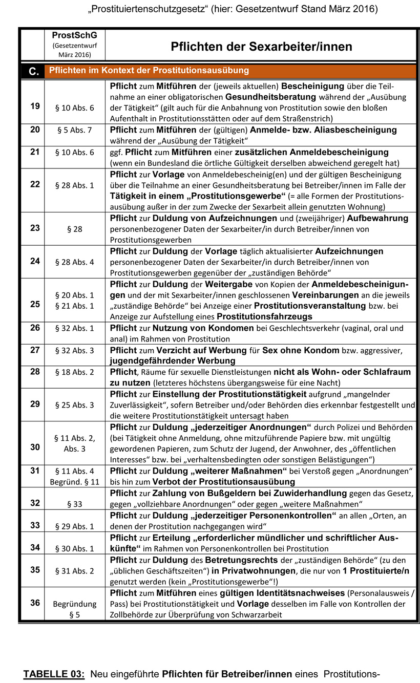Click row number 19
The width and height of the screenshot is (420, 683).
click(34, 106)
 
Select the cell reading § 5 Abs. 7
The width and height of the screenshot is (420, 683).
click(75, 130)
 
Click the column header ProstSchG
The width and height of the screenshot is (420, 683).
click(75, 35)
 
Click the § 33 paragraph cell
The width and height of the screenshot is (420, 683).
click(75, 504)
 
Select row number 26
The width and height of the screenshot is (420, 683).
click(34, 328)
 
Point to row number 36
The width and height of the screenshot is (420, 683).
click(34, 603)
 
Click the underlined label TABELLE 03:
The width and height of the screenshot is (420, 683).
click(54, 674)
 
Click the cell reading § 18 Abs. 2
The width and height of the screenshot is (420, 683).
click(75, 372)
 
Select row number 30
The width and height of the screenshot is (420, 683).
click(34, 446)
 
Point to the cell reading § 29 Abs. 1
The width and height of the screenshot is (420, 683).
click(75, 526)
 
